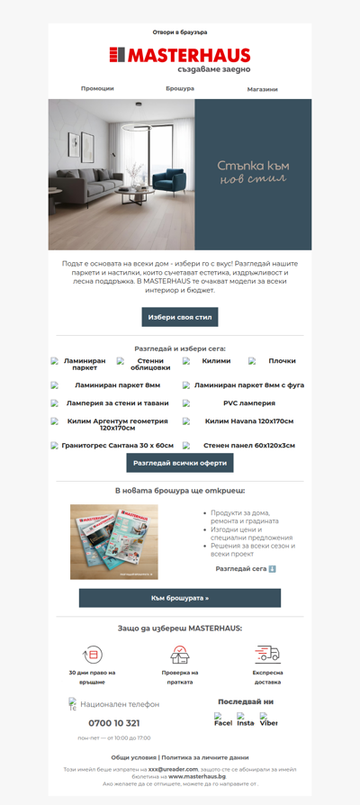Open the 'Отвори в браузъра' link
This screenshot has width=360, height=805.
(180, 32)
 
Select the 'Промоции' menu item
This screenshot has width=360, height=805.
(97, 89)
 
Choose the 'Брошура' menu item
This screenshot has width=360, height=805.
(180, 89)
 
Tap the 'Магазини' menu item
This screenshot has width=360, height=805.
(262, 89)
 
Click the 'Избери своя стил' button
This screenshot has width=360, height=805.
(180, 317)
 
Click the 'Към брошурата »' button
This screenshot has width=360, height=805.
(180, 598)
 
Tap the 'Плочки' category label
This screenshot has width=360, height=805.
(282, 361)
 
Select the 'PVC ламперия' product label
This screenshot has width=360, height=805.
(249, 403)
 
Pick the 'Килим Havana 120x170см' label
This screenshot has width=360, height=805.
(249, 421)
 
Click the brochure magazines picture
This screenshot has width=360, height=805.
(113, 542)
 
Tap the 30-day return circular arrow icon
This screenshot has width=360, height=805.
(92, 655)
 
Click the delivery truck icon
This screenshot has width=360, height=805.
(267, 655)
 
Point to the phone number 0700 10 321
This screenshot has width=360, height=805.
(114, 723)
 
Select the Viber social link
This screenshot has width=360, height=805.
(268, 720)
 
